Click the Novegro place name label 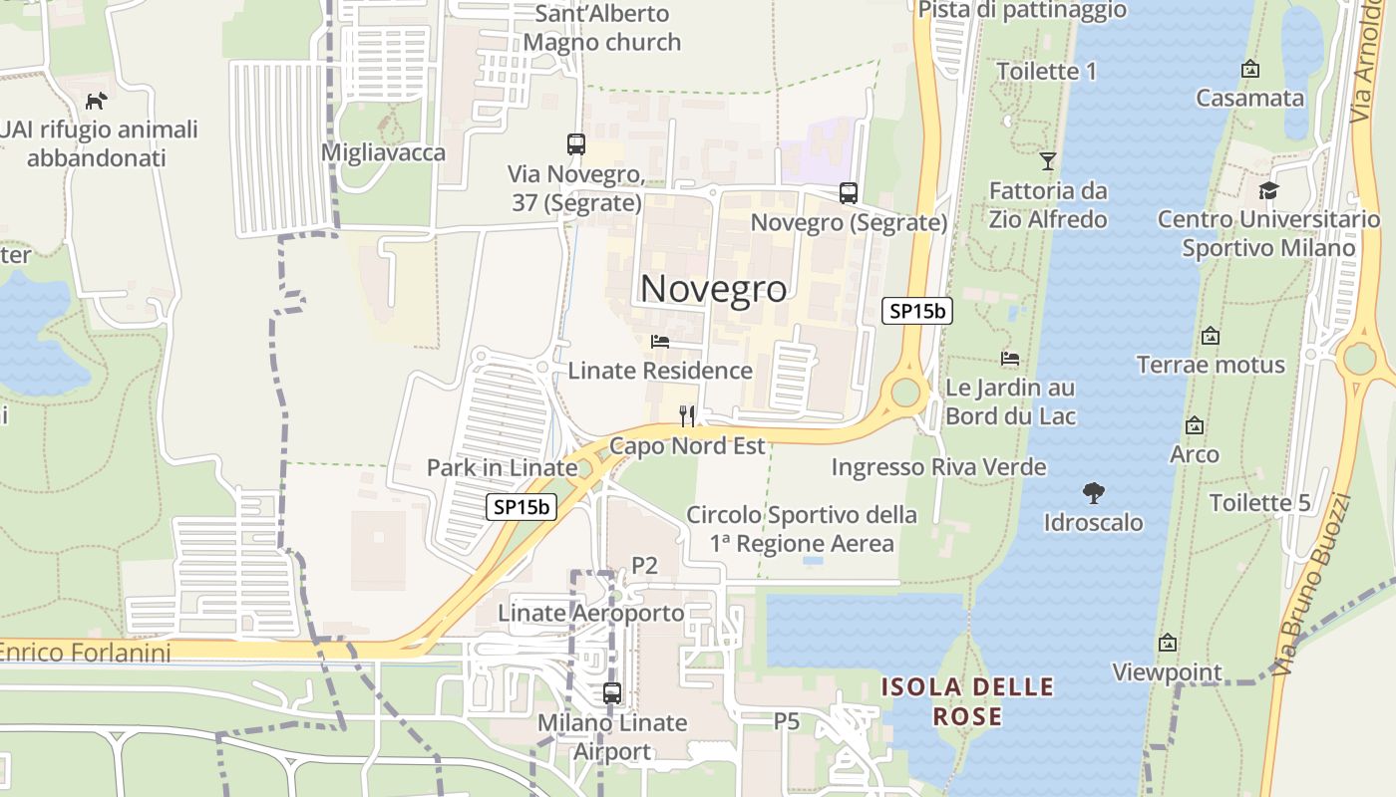pyautogui.click(x=713, y=288)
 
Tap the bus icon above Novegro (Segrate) pyautogui.click(x=848, y=193)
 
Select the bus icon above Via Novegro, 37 pyautogui.click(x=575, y=144)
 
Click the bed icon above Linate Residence pyautogui.click(x=659, y=342)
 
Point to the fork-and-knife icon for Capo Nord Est pyautogui.click(x=687, y=415)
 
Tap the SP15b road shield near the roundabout pyautogui.click(x=917, y=311)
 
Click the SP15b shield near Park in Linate pyautogui.click(x=522, y=507)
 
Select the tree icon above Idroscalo pyautogui.click(x=1093, y=492)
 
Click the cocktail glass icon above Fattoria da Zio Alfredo pyautogui.click(x=1047, y=160)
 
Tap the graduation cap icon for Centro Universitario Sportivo pyautogui.click(x=1268, y=190)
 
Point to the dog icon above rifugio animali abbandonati pyautogui.click(x=96, y=101)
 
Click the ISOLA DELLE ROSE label pyautogui.click(x=966, y=701)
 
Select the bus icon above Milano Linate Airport pyautogui.click(x=612, y=693)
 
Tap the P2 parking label pyautogui.click(x=645, y=566)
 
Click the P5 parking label pyautogui.click(x=787, y=720)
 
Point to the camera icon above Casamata pyautogui.click(x=1249, y=69)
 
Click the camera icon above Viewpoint pyautogui.click(x=1167, y=644)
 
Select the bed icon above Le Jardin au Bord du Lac pyautogui.click(x=1010, y=359)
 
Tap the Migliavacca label pyautogui.click(x=383, y=152)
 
